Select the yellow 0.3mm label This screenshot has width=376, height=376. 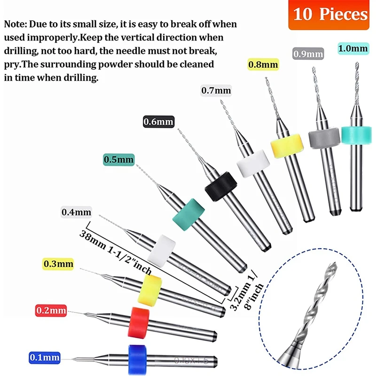tap(58, 264)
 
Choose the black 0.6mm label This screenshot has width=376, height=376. tap(158, 122)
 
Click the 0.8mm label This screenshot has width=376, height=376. tap(263, 63)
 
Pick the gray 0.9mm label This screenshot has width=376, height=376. tap(308, 54)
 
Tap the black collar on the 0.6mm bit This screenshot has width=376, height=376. tap(219, 186)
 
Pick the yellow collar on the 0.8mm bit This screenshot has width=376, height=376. tap(286, 146)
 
